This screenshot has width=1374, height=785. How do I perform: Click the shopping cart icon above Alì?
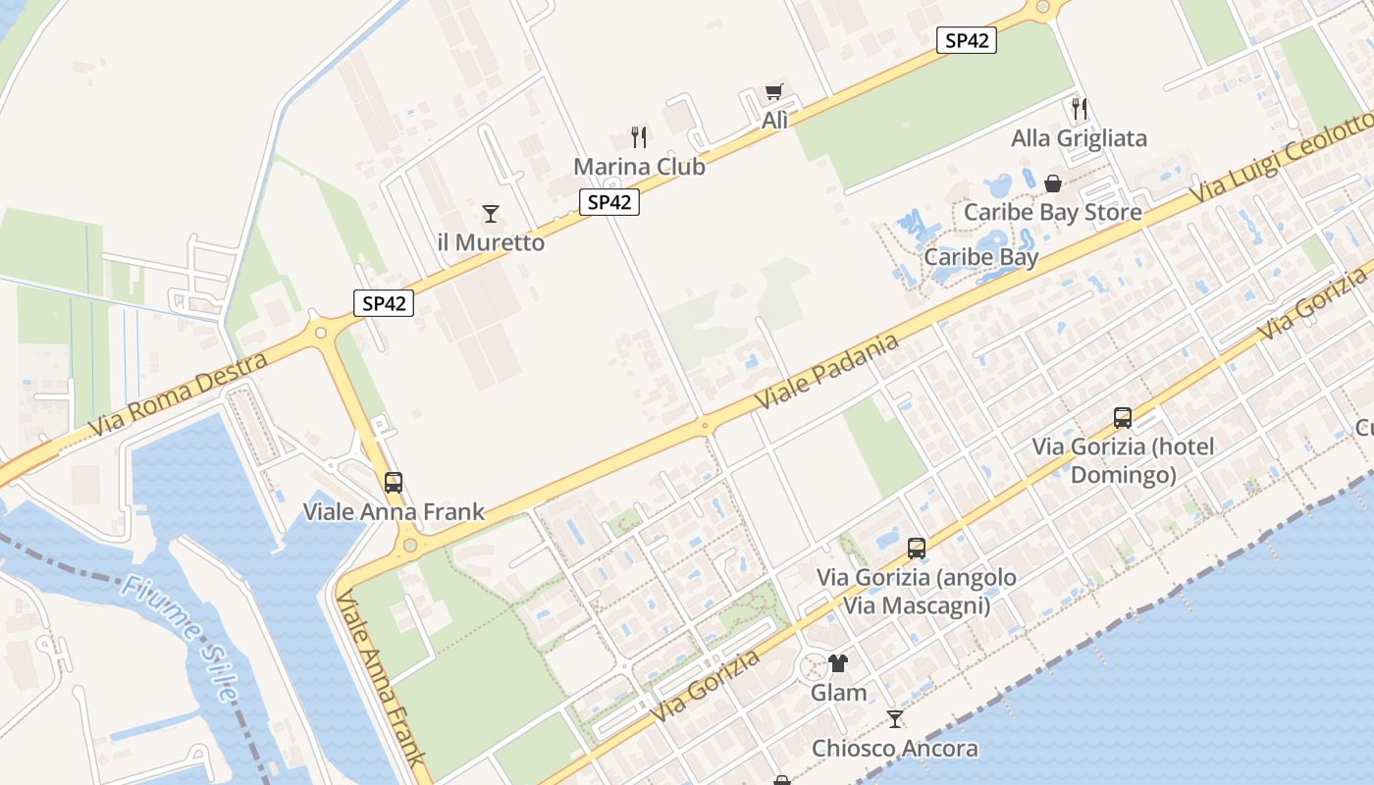[774, 92]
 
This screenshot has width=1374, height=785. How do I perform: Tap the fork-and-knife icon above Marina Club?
[639, 136]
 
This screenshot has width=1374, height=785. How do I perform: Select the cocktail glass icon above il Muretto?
[491, 213]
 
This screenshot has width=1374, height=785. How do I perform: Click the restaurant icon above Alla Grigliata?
[1080, 108]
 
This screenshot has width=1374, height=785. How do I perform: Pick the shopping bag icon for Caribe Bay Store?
[1053, 183]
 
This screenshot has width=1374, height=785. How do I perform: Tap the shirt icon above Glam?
[837, 663]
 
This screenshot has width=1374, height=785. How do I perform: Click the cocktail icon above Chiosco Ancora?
[894, 719]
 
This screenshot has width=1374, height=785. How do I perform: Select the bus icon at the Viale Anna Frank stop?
[394, 482]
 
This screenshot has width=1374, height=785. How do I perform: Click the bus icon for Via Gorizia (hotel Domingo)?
[1123, 418]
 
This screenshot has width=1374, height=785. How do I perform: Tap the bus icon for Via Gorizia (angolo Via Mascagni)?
[917, 549]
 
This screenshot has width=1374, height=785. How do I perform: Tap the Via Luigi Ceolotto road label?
[1282, 157]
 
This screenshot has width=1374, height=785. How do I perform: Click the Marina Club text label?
[639, 167]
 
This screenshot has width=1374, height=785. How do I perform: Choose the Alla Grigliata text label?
[1079, 138]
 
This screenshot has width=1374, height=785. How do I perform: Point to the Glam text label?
[838, 693]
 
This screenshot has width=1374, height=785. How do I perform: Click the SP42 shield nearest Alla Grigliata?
[967, 40]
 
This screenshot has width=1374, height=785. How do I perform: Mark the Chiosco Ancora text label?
[894, 749]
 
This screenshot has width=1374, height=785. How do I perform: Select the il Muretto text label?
[491, 242]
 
